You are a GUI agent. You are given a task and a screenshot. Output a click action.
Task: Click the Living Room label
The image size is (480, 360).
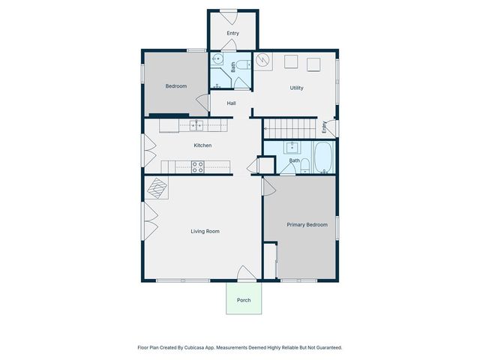[205, 232]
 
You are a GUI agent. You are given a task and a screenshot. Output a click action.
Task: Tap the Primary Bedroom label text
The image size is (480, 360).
[307, 224]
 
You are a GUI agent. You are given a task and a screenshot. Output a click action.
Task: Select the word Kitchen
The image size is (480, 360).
[202, 145]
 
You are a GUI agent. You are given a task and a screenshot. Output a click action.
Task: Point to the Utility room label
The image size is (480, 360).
[297, 88]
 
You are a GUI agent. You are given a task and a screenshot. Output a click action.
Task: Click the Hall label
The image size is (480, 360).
[232, 103]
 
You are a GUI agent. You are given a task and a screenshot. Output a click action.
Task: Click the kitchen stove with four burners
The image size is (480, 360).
[198, 168]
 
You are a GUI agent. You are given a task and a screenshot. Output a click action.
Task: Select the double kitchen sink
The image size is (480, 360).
[196, 124]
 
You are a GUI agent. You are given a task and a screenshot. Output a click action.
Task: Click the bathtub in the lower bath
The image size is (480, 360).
[323, 158]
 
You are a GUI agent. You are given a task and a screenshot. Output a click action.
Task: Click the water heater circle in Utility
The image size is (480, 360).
[263, 61]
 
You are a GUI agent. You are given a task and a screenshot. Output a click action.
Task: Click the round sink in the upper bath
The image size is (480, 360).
[217, 60]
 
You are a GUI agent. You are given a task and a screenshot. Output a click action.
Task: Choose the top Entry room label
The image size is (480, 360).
[232, 33]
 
